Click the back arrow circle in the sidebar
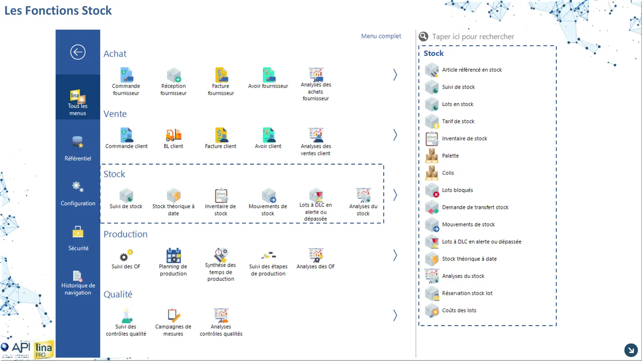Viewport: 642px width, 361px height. (78, 52)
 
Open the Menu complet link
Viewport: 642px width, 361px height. (381, 36)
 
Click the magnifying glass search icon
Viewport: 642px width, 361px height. (423, 36)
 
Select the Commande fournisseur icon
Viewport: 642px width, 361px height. (127, 75)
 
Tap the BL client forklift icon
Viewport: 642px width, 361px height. (173, 135)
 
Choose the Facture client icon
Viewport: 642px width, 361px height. (221, 135)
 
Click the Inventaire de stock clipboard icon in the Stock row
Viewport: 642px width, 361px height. (221, 195)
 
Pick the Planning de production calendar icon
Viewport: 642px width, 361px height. (173, 255)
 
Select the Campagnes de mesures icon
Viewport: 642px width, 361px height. (173, 315)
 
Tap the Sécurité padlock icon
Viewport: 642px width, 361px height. (78, 231)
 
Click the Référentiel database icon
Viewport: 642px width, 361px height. (78, 142)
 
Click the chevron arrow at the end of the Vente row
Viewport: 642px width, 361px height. (395, 135)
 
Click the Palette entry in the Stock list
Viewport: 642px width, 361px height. (450, 156)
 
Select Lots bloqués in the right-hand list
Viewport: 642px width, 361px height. (457, 190)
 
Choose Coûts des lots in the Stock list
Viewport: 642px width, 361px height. (459, 310)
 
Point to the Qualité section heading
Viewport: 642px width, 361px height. (118, 294)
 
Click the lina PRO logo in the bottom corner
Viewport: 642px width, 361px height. (44, 350)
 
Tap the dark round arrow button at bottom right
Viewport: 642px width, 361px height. (631, 350)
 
